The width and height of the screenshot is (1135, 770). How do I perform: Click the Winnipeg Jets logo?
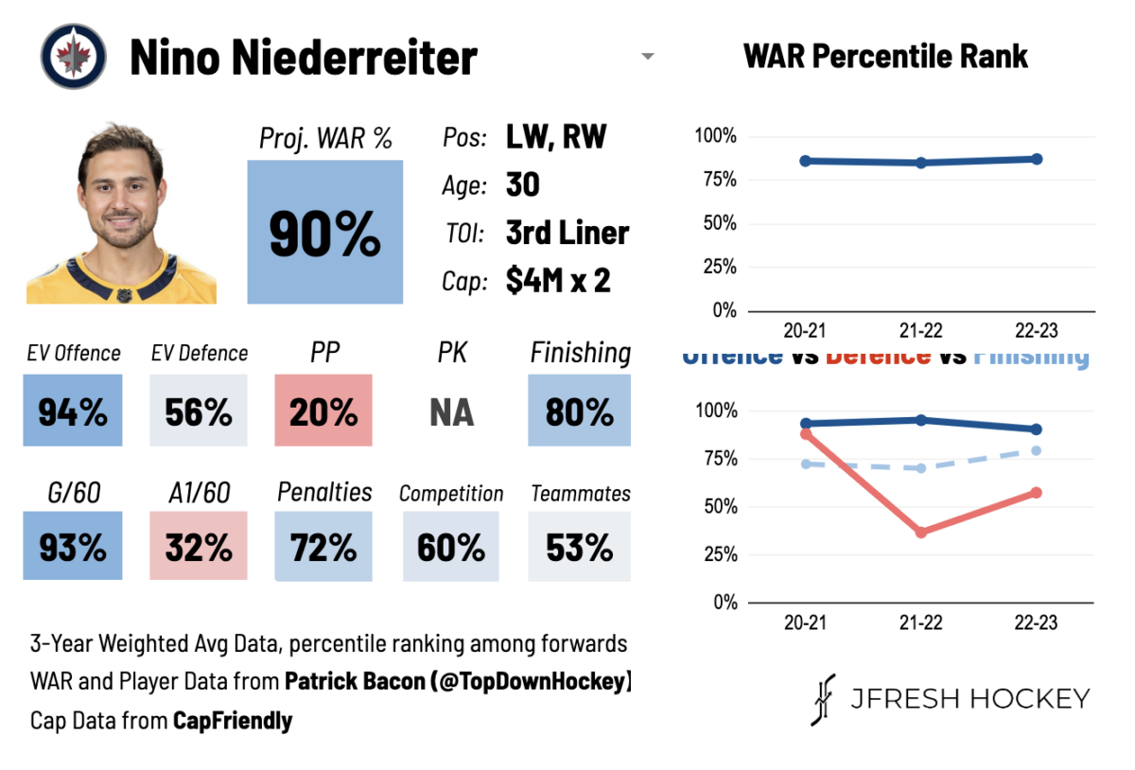pyautogui.click(x=73, y=57)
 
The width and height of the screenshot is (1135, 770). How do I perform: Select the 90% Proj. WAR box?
pyautogui.click(x=324, y=233)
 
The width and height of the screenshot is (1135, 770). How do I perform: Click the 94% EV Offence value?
pyautogui.click(x=73, y=411)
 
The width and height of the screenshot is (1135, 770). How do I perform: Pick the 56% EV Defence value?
pyautogui.click(x=199, y=411)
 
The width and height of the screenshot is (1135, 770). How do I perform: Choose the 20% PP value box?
pyautogui.click(x=324, y=411)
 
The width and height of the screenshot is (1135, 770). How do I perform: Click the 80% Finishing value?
pyautogui.click(x=579, y=411)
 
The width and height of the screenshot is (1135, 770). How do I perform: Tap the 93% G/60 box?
pyautogui.click(x=73, y=547)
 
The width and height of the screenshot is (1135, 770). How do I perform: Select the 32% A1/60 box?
pyautogui.click(x=199, y=547)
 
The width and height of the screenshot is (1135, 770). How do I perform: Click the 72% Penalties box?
pyautogui.click(x=324, y=547)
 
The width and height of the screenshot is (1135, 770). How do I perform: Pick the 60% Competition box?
pyautogui.click(x=451, y=547)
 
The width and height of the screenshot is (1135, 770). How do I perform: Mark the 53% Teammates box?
pyautogui.click(x=579, y=547)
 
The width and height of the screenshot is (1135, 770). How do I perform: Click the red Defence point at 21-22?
pyautogui.click(x=921, y=532)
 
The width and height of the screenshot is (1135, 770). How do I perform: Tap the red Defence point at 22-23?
pyautogui.click(x=1037, y=493)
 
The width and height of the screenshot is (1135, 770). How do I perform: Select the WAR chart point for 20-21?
pyautogui.click(x=805, y=161)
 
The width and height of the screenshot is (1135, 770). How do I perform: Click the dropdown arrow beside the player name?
pyautogui.click(x=648, y=57)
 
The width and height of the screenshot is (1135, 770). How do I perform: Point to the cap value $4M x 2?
pyautogui.click(x=558, y=281)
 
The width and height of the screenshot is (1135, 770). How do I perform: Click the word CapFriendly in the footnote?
pyautogui.click(x=233, y=721)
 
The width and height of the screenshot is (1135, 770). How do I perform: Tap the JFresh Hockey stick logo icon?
pyautogui.click(x=824, y=699)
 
